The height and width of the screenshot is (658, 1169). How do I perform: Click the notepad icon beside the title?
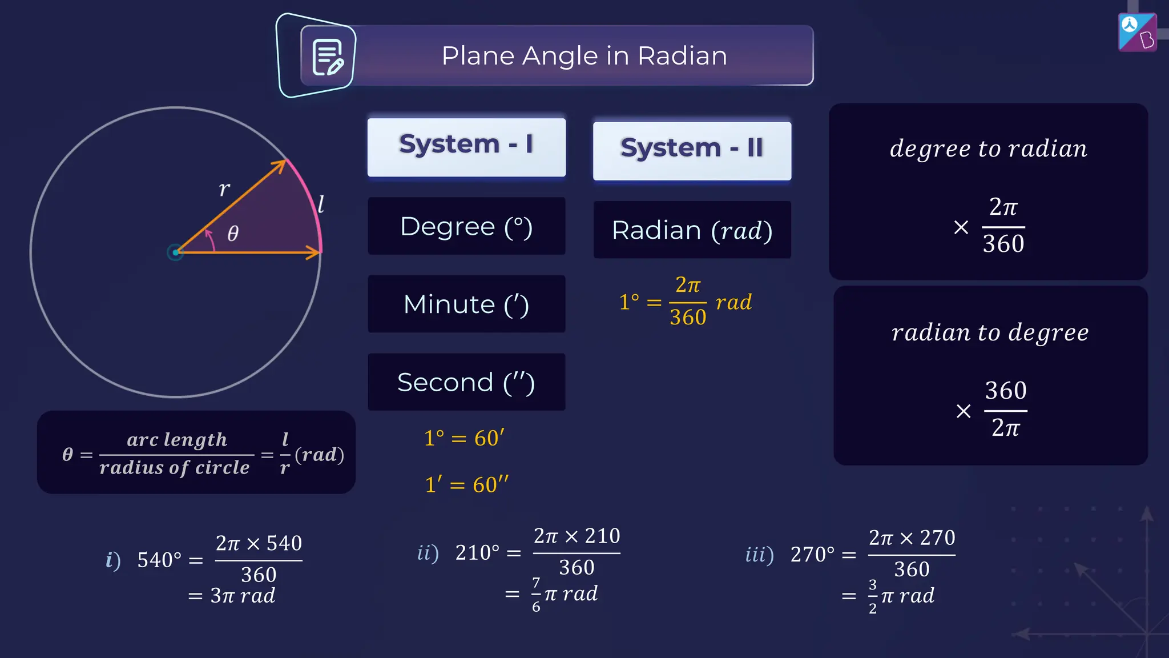tap(328, 57)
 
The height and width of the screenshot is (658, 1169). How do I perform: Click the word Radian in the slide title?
tap(682, 56)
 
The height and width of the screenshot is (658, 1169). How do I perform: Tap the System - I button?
tap(466, 147)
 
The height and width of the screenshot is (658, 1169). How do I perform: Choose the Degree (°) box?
tap(466, 226)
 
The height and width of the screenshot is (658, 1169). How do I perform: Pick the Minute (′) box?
tap(466, 304)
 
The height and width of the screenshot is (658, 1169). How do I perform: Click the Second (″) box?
tap(466, 382)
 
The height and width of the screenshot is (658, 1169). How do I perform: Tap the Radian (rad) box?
tap(692, 230)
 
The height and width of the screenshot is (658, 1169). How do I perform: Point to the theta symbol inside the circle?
tap(233, 233)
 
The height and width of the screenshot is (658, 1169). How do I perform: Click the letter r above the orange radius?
tap(224, 188)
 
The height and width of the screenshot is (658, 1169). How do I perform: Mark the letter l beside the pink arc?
tap(321, 204)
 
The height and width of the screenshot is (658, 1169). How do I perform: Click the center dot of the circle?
tap(175, 252)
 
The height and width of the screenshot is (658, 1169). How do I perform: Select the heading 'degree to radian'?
tap(989, 149)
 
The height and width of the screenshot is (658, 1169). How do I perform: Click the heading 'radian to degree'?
tap(990, 332)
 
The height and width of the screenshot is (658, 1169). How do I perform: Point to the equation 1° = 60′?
tap(464, 438)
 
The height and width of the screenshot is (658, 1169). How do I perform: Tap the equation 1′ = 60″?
tap(466, 485)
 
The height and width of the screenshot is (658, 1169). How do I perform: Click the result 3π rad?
tap(243, 596)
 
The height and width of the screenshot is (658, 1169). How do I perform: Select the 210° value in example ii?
tap(477, 553)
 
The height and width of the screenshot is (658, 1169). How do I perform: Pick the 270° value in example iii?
tap(812, 555)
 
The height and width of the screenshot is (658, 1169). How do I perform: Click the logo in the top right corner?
tap(1137, 33)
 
